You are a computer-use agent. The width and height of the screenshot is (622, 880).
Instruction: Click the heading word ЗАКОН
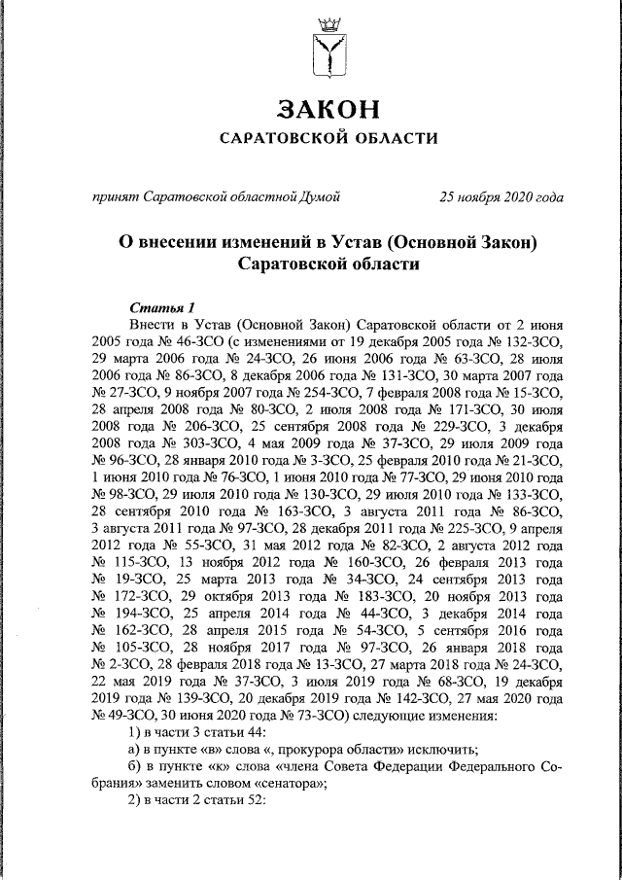(x=327, y=107)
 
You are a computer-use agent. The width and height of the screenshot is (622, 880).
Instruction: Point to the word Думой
(x=319, y=197)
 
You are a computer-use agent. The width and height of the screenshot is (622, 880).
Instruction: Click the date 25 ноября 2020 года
(x=501, y=197)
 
